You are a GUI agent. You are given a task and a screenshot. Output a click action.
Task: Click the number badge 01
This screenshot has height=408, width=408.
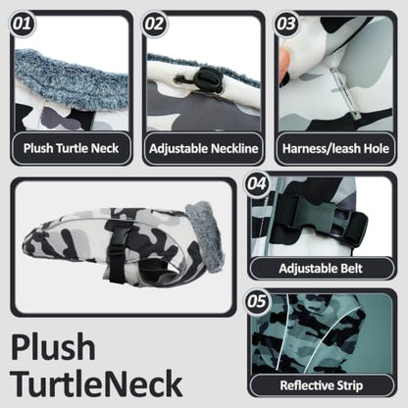(23, 24)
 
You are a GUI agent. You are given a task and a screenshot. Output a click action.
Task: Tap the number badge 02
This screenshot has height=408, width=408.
(155, 24)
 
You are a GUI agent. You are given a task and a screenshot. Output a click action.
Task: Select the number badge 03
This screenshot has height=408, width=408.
(286, 24)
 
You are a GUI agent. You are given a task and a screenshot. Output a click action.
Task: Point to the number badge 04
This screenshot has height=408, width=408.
(257, 184)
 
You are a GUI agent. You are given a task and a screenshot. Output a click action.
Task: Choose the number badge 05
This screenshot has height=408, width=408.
(257, 301)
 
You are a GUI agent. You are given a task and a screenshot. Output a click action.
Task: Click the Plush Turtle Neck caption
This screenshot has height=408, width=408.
(71, 148)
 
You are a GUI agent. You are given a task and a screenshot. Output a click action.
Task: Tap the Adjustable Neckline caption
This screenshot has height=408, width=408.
(204, 149)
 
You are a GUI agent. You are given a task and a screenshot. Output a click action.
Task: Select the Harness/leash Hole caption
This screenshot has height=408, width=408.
(335, 149)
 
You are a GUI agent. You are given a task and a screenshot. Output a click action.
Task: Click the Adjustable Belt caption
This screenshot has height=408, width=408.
(321, 269)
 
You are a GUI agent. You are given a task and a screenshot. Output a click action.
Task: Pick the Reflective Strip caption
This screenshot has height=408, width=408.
(322, 385)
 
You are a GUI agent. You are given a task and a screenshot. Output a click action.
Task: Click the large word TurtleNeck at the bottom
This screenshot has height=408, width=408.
(97, 383)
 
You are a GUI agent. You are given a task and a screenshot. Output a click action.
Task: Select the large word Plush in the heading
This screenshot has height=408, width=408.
(53, 346)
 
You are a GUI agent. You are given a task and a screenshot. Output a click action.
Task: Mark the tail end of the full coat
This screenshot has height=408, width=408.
(24, 246)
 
